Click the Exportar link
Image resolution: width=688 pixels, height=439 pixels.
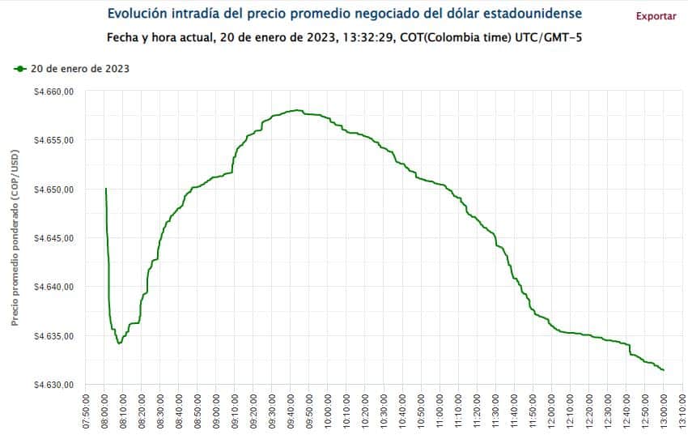(656, 16)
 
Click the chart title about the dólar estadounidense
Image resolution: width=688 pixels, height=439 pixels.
(344, 15)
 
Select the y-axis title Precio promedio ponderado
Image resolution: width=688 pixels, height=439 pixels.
(15, 237)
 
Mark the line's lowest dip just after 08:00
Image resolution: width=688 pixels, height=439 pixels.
(119, 343)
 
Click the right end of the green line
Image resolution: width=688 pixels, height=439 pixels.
(664, 370)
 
